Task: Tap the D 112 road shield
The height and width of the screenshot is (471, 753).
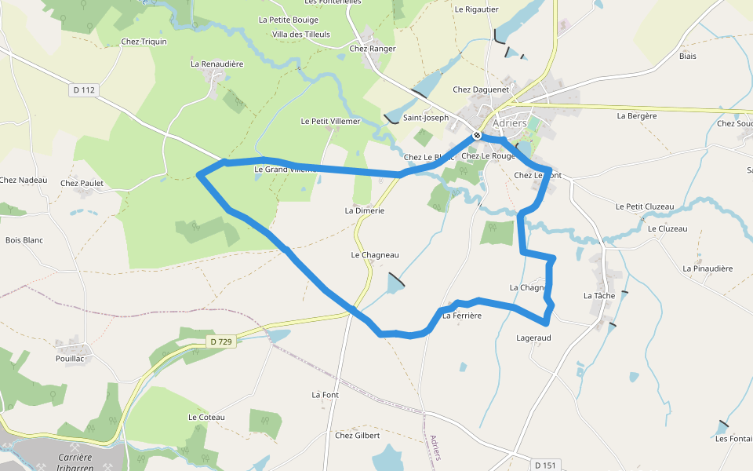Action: [83, 90]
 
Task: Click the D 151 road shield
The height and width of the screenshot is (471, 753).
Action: [545, 465]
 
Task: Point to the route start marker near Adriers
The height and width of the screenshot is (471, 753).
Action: [477, 135]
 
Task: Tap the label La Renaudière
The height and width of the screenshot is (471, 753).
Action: [217, 64]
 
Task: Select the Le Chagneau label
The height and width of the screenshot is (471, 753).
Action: [375, 255]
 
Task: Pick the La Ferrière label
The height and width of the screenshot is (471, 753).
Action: [461, 316]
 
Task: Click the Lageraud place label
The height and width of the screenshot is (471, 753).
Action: [534, 338]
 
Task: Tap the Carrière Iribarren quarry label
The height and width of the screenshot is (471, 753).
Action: [76, 462]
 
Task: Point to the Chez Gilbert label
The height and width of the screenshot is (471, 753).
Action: [357, 435]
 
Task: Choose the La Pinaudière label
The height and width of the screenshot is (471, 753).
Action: [708, 268]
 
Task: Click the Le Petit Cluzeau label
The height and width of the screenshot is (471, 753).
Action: [645, 206]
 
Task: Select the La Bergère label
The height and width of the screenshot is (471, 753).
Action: [636, 115]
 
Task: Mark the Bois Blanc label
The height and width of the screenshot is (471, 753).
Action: [24, 240]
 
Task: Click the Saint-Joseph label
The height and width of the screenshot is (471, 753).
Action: [425, 118]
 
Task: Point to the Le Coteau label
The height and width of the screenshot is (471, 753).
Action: [206, 417]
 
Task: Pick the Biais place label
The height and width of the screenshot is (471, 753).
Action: [688, 56]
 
